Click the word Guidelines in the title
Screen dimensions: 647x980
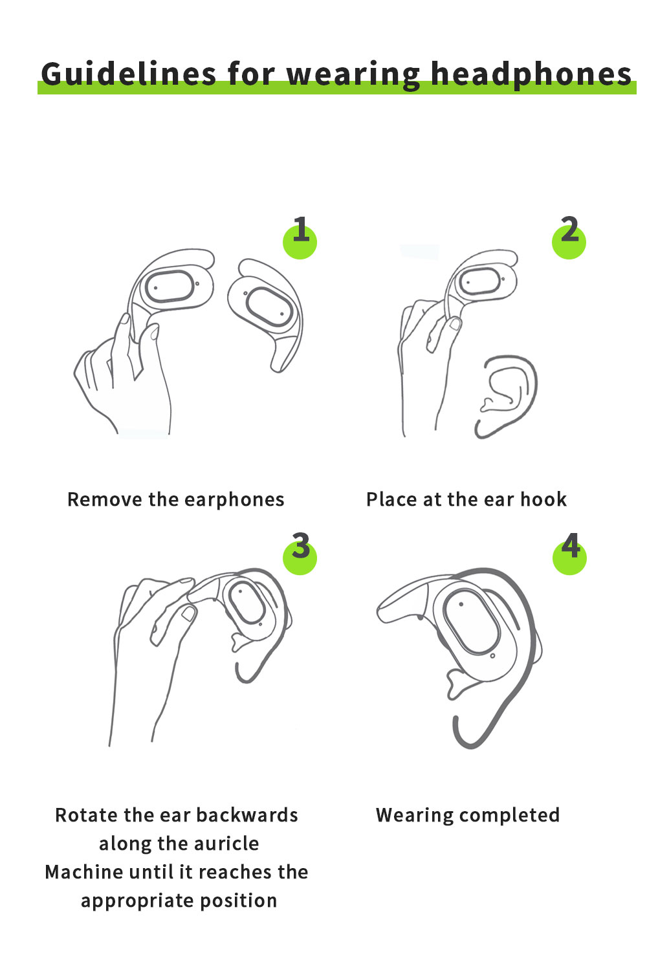click(x=129, y=74)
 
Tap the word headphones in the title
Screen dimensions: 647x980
click(x=531, y=74)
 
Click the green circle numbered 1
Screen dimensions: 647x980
click(x=300, y=242)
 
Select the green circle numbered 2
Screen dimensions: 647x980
click(x=569, y=242)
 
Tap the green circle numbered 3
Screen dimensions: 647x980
click(x=300, y=558)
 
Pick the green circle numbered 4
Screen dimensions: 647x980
click(x=569, y=558)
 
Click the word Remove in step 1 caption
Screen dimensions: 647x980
click(x=105, y=499)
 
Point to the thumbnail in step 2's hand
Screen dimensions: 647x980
click(x=455, y=323)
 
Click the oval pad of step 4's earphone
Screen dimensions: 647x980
click(x=471, y=622)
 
